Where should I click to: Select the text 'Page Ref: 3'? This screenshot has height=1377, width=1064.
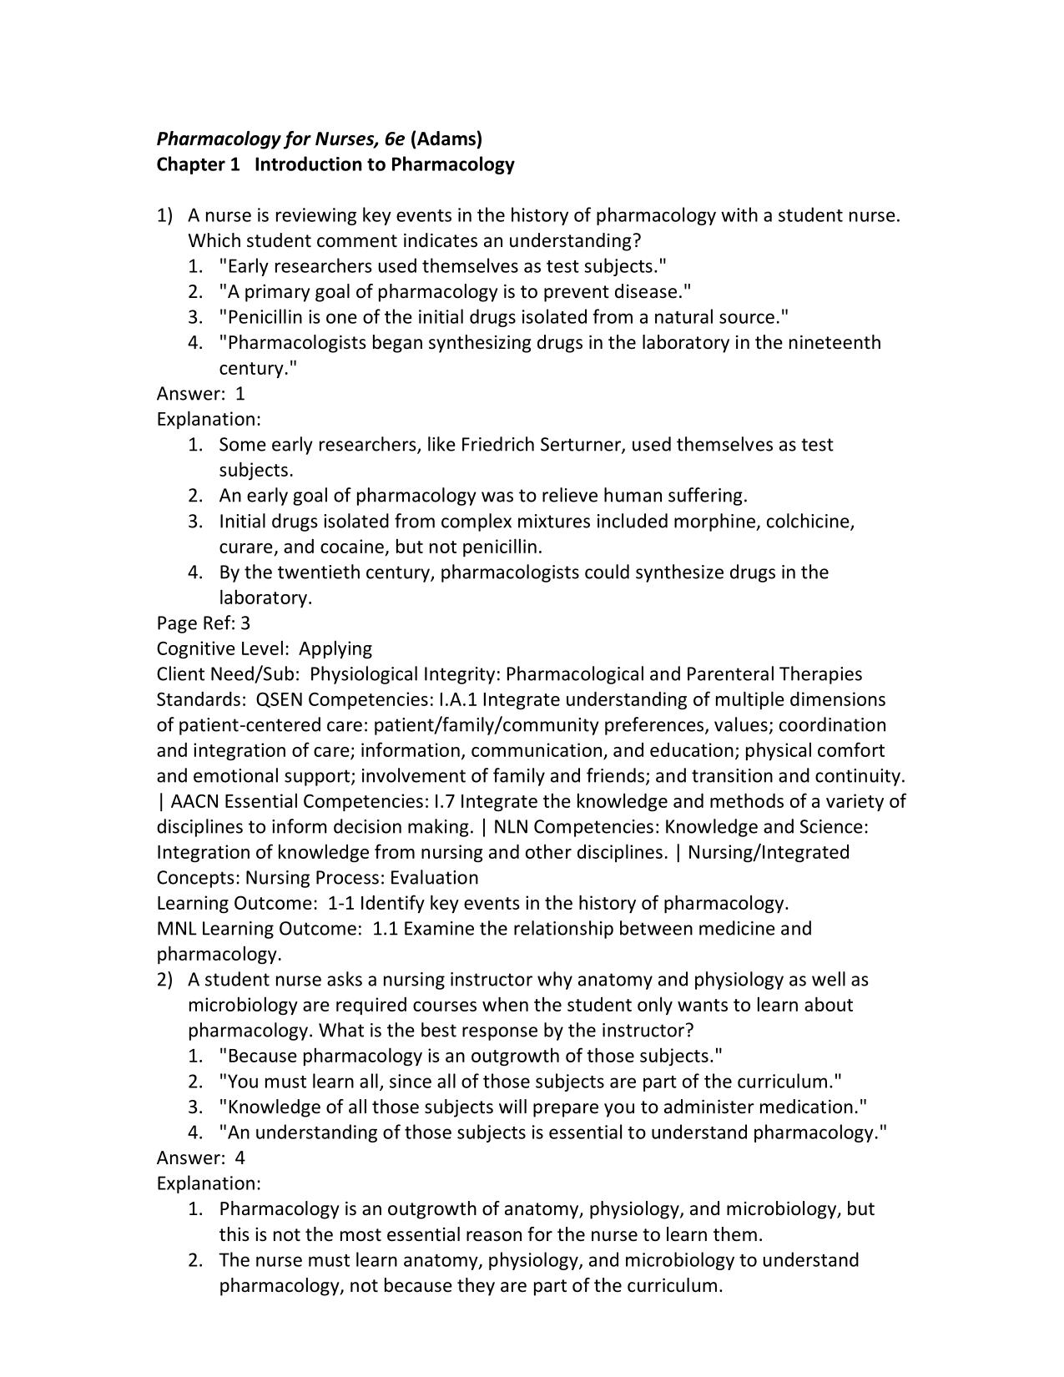tap(204, 623)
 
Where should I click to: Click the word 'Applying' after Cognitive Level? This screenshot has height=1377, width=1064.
tap(335, 648)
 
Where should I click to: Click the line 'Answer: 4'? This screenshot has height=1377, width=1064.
tap(201, 1158)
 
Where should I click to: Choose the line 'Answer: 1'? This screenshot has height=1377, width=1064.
tap(201, 394)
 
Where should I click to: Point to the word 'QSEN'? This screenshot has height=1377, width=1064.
tap(280, 699)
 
